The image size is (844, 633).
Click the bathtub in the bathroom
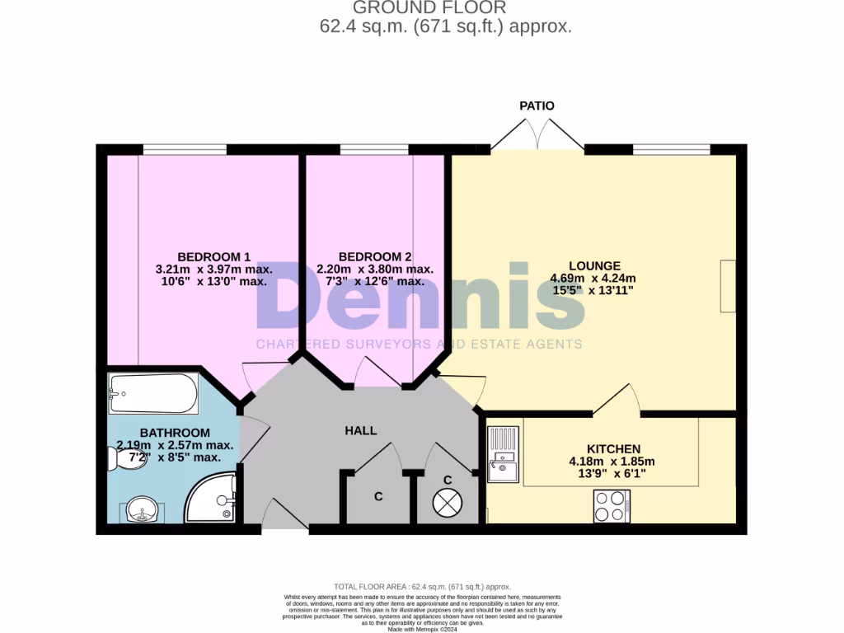153,395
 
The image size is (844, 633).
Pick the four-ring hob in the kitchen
612,506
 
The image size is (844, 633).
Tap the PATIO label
537,105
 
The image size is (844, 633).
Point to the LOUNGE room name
594,265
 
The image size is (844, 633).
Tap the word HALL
361,430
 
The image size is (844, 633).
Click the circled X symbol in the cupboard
448,501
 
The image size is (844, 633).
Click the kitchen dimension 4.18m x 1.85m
612,462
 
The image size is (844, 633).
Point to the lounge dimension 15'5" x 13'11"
594,291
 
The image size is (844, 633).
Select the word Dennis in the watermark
420,298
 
